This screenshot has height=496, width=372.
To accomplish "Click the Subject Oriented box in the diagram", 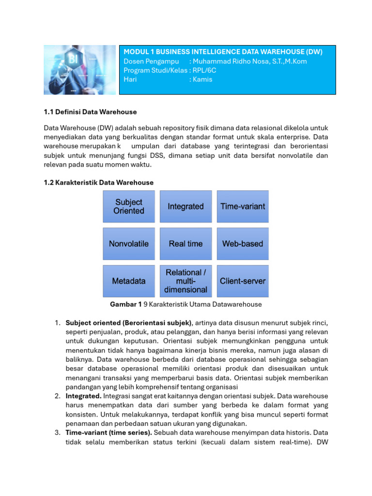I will pos(129,206).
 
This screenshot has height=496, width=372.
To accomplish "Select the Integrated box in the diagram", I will pos(186,206).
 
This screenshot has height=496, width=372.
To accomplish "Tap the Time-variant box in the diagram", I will pos(243,206).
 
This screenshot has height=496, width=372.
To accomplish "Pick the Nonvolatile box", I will pos(129,244).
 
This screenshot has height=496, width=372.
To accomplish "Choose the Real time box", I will pos(186,244).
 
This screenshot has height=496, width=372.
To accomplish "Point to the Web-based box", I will pos(243,244).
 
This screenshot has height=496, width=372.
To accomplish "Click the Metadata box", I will pos(129,281).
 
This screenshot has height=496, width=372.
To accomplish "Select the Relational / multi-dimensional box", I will pos(186,281).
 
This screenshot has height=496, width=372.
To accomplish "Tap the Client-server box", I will pos(243,281).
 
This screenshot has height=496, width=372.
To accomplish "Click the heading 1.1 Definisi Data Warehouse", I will pos(90,112).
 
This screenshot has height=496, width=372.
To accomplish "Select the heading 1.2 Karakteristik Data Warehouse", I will pos(98,183).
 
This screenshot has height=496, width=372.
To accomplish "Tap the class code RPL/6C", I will pos(205,70).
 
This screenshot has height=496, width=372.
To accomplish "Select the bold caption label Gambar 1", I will pos(126,304).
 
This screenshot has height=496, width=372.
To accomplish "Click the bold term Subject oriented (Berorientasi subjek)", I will pos(129,323).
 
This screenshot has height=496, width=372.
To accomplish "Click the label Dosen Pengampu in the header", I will pos(151,61).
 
